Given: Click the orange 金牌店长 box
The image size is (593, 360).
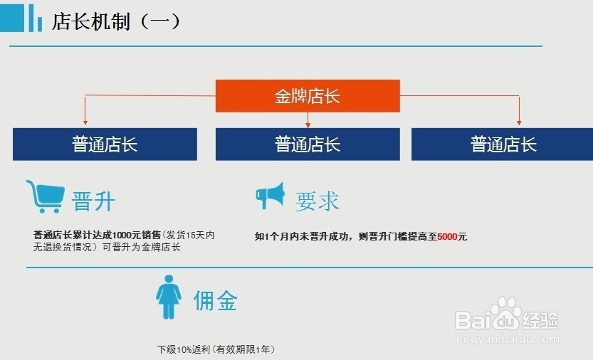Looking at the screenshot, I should pos(308,95).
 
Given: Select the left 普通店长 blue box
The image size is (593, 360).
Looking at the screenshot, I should pos(105,144).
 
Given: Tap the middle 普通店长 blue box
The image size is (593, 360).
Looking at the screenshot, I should pos(308,144).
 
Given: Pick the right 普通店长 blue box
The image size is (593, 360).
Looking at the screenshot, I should pos(503,144).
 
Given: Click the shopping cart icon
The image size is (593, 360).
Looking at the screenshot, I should pos(45,196).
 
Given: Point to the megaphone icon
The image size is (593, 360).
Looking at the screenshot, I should pos(271,196).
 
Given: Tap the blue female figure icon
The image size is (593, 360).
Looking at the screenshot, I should pos(169,297).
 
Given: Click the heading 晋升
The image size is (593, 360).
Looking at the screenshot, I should pos(93,201).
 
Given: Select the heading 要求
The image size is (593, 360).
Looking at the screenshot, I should pos(318,201).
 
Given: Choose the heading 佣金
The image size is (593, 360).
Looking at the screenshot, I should pos(215,300).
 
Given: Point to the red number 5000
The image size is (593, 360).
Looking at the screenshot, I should pos(447,236).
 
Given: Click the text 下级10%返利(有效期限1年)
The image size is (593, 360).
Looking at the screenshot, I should pos(216,349).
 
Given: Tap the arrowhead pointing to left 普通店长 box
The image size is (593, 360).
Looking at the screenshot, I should pos(85,122).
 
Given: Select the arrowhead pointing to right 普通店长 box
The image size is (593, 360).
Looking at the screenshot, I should pos(519,122).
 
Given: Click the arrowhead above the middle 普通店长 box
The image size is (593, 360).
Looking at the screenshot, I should pos(308,122).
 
